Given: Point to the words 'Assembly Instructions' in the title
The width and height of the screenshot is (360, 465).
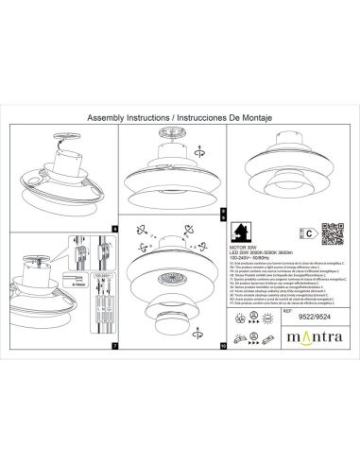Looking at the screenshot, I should tap(127, 120).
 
